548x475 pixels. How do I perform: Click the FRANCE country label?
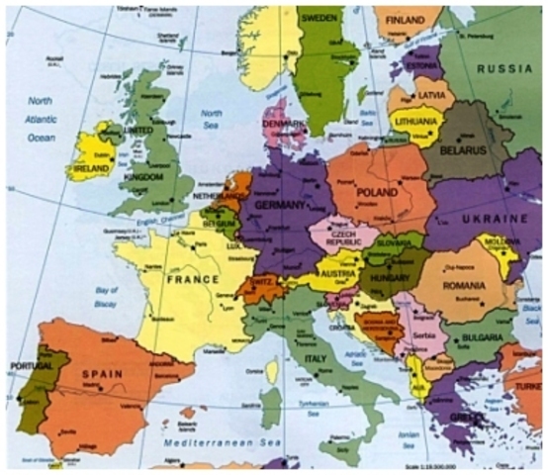[x=193, y=280]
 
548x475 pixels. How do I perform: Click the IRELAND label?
[x=88, y=170]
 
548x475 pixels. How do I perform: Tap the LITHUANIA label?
[x=415, y=123]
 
